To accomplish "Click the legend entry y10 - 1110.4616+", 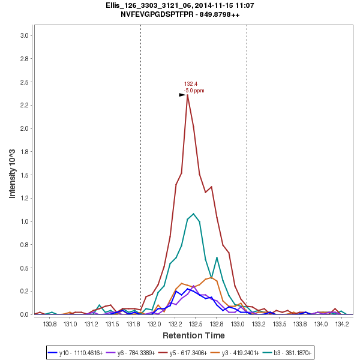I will click(x=77, y=352).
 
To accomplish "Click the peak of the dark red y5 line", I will click(x=188, y=94).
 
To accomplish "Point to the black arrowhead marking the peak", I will click(x=182, y=95).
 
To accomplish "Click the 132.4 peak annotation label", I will click(x=191, y=84).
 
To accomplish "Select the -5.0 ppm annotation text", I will click(x=194, y=91).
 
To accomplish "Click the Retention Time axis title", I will click(x=193, y=335).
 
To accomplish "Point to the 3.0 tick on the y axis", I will click(x=25, y=35).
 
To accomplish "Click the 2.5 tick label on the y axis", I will click(x=25, y=82).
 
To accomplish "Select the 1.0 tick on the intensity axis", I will click(x=25, y=221).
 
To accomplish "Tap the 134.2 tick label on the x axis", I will click(x=342, y=324).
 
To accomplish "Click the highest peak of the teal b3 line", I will click(x=194, y=214).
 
